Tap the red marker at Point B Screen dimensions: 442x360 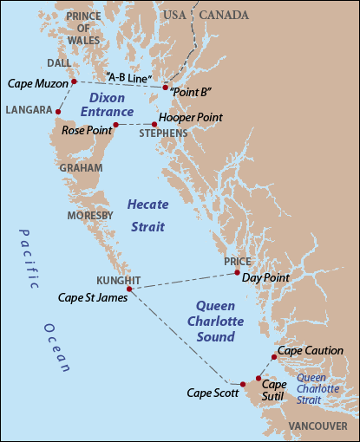click(165, 87)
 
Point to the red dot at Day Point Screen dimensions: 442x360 click(237, 273)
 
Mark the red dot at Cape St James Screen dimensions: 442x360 click(129, 289)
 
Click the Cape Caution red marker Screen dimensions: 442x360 click(274, 356)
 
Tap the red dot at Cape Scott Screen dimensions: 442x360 click(244, 384)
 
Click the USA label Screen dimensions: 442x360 click(175, 15)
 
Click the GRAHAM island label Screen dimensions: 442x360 click(82, 169)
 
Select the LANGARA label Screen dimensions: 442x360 click(27, 110)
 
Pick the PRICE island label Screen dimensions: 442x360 click(237, 261)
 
